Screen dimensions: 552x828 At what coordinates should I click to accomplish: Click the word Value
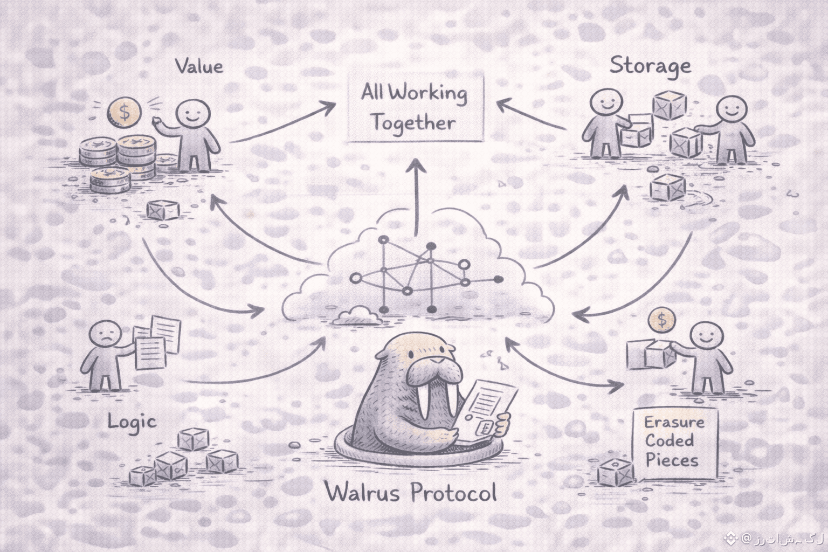pyautogui.click(x=199, y=66)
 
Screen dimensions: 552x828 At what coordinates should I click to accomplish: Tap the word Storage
pyautogui.click(x=650, y=66)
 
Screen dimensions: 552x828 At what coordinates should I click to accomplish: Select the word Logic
pyautogui.click(x=132, y=421)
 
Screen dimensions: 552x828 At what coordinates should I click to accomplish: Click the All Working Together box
pyautogui.click(x=414, y=108)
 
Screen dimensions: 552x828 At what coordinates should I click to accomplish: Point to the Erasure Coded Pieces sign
pyautogui.click(x=674, y=441)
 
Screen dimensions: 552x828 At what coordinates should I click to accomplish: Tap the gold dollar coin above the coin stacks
pyautogui.click(x=124, y=112)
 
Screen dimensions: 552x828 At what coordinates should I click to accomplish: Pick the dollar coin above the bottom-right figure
pyautogui.click(x=662, y=320)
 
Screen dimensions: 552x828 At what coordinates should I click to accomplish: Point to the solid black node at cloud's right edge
pyautogui.click(x=498, y=279)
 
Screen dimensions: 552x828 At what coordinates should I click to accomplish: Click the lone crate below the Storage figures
pyautogui.click(x=667, y=188)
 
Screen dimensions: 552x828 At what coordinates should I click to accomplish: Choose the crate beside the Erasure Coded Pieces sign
pyautogui.click(x=616, y=472)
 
